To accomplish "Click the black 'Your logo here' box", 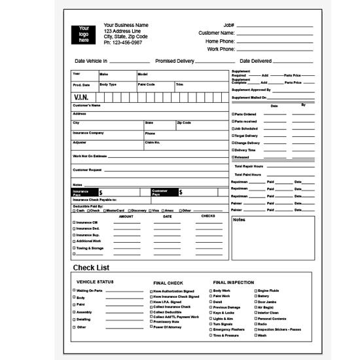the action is tap(84, 35).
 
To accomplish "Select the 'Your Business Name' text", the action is tap(126, 26).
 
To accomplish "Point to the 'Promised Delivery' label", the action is tap(175, 61).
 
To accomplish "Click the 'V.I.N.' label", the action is tap(81, 98).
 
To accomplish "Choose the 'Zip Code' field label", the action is tap(184, 122).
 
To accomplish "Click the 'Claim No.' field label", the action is tap(153, 142).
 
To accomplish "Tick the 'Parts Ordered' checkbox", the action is tap(232, 114).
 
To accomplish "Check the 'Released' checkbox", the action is tap(232, 157).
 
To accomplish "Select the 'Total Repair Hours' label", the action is tap(249, 166).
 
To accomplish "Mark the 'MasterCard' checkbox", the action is tap(105, 210).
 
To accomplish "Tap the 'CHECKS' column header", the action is tap(208, 216).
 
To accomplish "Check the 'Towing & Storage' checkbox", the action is tap(73, 248).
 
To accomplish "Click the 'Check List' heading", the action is tap(91, 268).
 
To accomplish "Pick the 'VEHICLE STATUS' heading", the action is tap(95, 282).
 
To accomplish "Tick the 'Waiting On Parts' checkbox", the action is tap(74, 290).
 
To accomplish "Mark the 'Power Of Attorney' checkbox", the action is tap(152, 326).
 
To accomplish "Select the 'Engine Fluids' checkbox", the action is tap(255, 290).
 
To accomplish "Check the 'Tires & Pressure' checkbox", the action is tap(210, 335).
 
